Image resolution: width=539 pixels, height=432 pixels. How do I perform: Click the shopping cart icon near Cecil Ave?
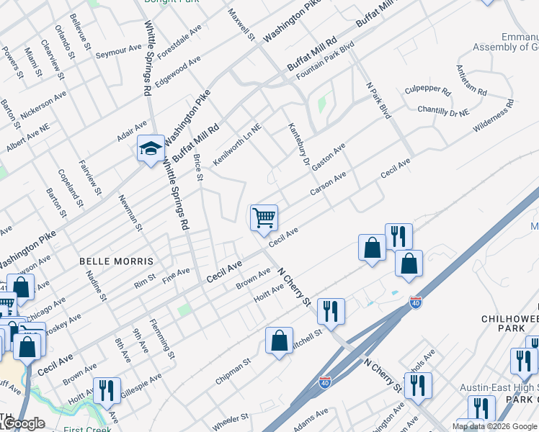[x=264, y=217]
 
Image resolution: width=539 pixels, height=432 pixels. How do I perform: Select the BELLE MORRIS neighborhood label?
[x=116, y=261]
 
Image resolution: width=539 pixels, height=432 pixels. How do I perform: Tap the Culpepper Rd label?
[x=427, y=92]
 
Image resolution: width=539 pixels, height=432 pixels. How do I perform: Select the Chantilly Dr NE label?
[x=443, y=110]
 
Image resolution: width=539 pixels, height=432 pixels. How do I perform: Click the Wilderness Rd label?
[x=494, y=116]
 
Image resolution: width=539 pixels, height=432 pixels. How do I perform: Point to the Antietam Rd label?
[x=471, y=81]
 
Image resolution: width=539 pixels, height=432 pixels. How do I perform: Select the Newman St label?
[x=130, y=213]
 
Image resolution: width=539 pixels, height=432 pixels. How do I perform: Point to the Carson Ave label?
[x=329, y=184]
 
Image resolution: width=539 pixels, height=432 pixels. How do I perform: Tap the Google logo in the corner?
[x=23, y=423]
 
